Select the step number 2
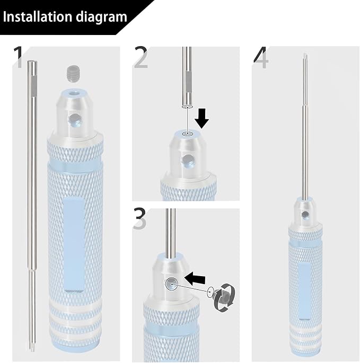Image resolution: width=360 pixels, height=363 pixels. (141, 58)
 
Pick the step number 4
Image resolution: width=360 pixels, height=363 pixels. (261, 58)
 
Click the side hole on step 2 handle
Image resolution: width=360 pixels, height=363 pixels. (188, 160)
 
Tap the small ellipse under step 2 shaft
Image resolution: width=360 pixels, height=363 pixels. (186, 107)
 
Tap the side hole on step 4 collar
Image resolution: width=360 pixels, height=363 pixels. (305, 213)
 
